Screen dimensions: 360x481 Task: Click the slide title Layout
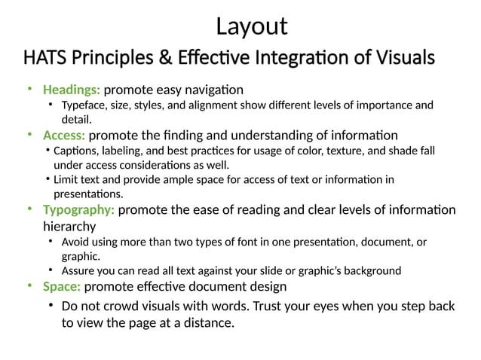[251, 26]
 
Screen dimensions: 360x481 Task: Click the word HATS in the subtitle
[43, 57]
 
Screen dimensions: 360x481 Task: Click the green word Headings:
[71, 90]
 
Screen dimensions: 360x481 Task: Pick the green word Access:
[64, 136]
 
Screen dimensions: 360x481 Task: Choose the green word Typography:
[79, 209]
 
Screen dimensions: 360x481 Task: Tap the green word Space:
[62, 286]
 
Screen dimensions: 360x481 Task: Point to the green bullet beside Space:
[29, 286]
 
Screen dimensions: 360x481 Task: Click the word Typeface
[84, 105]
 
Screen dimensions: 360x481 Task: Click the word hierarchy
[69, 226]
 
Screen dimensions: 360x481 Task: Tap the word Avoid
[75, 242]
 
